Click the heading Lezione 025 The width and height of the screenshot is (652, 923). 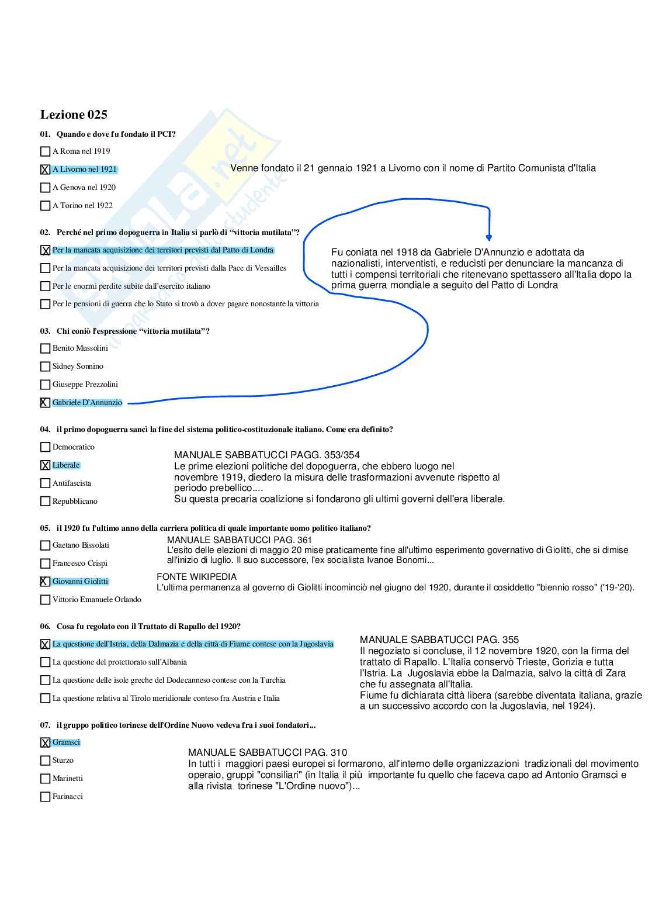(x=74, y=115)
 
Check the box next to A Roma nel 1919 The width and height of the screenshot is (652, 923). (x=45, y=151)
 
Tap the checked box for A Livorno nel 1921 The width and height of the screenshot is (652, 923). (x=45, y=170)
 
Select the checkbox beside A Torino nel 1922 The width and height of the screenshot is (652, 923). (x=45, y=206)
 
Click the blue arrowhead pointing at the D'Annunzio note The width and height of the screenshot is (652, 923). (x=489, y=237)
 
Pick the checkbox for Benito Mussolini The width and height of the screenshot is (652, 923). (x=45, y=348)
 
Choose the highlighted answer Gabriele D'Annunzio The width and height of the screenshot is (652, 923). (x=87, y=403)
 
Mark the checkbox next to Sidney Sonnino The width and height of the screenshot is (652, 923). (x=45, y=367)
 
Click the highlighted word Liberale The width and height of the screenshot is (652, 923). (x=66, y=465)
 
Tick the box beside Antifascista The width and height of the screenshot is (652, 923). (x=45, y=483)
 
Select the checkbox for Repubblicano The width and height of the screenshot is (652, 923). (x=45, y=502)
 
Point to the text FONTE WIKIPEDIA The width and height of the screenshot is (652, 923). (x=196, y=577)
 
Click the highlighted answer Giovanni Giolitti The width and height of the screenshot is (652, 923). (x=80, y=582)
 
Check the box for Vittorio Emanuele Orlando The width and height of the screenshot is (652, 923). (x=45, y=600)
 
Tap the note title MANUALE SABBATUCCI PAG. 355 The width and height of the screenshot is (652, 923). (x=439, y=640)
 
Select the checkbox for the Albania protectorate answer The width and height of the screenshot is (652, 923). (x=45, y=662)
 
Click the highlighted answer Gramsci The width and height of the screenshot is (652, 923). (x=66, y=742)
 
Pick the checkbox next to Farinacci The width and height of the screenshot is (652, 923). (x=45, y=797)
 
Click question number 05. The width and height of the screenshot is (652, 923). (x=45, y=528)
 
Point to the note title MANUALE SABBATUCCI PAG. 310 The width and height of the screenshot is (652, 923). (x=268, y=753)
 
